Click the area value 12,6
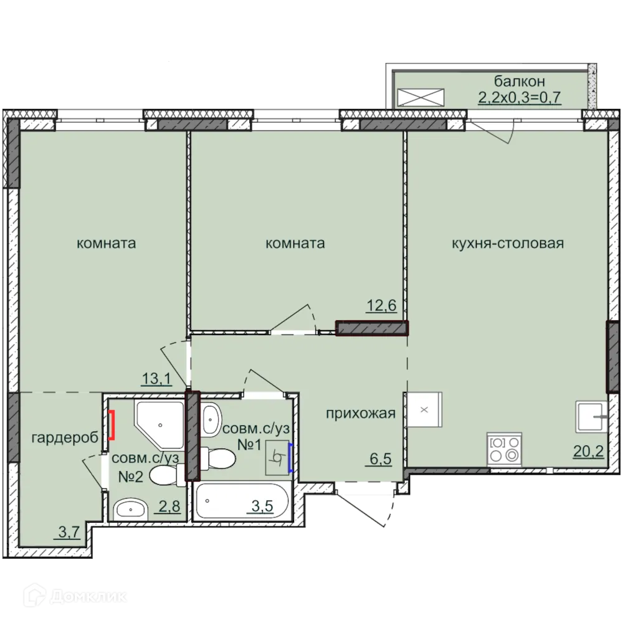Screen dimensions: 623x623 point(381,305)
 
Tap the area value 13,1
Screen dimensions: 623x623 point(156,379)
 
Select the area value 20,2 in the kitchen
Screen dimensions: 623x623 point(588,451)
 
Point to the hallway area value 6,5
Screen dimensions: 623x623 point(381,459)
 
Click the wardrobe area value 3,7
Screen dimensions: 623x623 point(69,532)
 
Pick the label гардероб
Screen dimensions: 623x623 point(65,438)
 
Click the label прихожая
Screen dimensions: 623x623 point(361,414)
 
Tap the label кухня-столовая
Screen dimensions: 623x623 point(508,243)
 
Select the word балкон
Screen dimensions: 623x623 point(520,81)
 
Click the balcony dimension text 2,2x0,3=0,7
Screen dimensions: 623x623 point(520,97)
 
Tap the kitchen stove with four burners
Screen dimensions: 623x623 point(504,449)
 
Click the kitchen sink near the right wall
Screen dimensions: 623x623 point(591,417)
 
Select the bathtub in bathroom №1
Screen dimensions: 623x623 point(242,502)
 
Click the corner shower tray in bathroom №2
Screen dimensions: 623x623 point(159,425)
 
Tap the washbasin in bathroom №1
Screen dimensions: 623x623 point(211,419)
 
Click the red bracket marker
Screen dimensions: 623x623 point(112,425)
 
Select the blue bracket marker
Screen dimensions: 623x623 point(290,458)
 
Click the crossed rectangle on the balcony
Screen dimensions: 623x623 point(421,97)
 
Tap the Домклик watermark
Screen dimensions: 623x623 point(75,596)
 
